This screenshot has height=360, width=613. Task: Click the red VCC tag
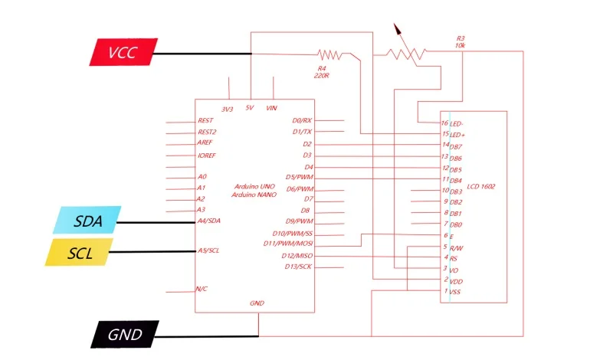point(123,52)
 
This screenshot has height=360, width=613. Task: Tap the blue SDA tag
point(87,220)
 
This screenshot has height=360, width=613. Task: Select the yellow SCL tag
point(79,253)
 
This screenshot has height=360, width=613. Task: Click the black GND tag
point(125,334)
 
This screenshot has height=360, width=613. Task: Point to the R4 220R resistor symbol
point(330,54)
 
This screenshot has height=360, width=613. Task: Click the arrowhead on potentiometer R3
point(398,29)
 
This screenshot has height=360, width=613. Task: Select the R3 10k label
point(461,42)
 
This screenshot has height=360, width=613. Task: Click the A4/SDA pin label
point(208,221)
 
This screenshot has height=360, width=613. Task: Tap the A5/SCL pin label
point(208,250)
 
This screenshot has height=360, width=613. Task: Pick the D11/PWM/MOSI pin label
point(288,244)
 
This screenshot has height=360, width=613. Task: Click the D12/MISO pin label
point(297,256)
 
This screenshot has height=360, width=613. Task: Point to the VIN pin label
point(271,108)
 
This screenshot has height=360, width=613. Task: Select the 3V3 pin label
point(227,110)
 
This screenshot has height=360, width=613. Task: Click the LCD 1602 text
point(481,186)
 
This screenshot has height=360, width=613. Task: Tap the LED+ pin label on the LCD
point(457,135)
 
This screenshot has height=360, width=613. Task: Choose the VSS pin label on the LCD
point(454,292)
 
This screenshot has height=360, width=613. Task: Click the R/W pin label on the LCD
point(456,248)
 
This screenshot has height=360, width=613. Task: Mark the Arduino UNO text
point(254,186)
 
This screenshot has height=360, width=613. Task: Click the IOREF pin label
point(206,155)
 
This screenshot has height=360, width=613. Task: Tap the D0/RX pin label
point(302,120)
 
